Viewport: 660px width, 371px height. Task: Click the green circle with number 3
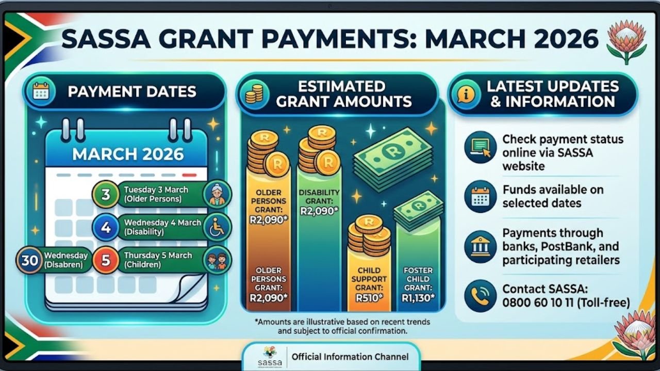tap(105, 194)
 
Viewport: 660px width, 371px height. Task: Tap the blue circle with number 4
tap(106, 227)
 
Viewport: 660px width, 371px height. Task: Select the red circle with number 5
tap(106, 260)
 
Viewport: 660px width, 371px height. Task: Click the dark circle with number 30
tap(29, 260)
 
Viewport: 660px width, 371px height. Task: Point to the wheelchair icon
tap(217, 227)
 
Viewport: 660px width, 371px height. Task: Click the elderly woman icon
tap(217, 194)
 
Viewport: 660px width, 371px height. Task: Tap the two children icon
tap(217, 260)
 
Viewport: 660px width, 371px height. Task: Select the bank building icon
tap(480, 247)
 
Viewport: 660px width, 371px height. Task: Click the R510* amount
tap(369, 297)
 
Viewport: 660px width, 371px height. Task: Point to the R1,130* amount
tap(418, 297)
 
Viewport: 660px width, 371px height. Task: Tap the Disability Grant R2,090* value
tap(319, 210)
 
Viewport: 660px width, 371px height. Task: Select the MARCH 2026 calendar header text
tap(128, 154)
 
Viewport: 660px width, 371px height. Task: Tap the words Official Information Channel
tap(350, 357)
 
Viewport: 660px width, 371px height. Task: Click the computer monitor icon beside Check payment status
tap(480, 147)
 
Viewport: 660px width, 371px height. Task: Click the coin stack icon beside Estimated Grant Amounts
tap(254, 94)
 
